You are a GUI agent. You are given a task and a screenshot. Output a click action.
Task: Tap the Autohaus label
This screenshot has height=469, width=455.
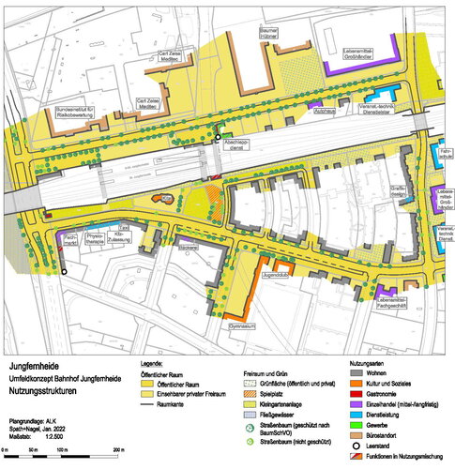point(325,110)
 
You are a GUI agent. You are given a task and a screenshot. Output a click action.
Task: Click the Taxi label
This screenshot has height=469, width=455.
point(122,228)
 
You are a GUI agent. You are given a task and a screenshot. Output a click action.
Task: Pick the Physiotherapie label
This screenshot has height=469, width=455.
point(98,238)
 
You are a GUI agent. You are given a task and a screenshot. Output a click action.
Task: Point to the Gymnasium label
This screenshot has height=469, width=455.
point(243,327)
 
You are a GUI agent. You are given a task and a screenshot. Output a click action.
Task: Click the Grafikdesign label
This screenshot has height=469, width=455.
point(398,190)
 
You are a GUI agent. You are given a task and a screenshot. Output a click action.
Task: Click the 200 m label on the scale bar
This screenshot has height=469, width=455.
point(118,451)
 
